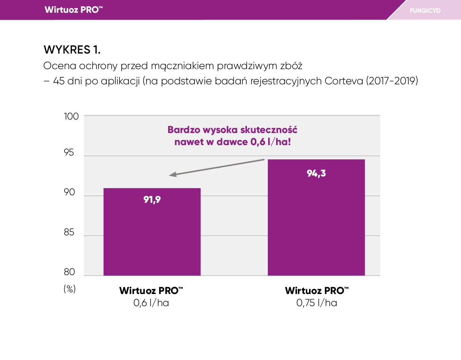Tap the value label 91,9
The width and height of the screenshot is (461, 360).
point(152,200)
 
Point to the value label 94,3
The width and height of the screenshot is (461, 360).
point(316,173)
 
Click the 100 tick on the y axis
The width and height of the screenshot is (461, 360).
point(71,116)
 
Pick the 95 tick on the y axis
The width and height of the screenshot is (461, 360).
point(69,152)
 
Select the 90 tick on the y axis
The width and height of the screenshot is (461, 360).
point(69,192)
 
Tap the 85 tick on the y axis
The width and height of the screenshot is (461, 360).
point(69,232)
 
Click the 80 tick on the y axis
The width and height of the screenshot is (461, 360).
point(69,272)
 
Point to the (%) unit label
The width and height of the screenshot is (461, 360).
point(69,289)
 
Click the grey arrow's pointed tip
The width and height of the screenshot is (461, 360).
point(170,175)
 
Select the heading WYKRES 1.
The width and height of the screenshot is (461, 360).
point(72,50)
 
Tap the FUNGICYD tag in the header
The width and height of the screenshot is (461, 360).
point(425,11)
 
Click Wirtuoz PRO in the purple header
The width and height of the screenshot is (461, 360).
point(74,10)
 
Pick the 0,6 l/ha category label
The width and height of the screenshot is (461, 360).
point(151,303)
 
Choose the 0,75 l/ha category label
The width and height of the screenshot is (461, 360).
point(317,303)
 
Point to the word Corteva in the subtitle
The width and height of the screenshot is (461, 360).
point(344,81)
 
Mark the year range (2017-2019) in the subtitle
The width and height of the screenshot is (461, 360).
point(392,81)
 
